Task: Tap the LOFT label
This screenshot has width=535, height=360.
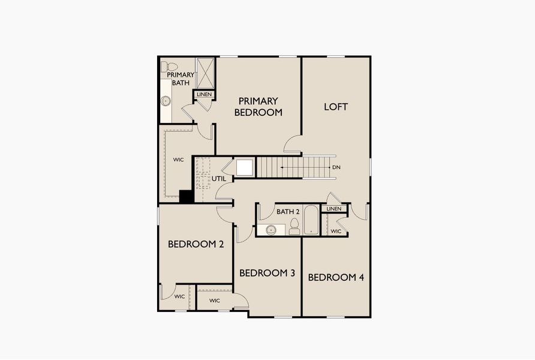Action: point(336,107)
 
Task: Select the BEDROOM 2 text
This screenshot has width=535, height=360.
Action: point(196,244)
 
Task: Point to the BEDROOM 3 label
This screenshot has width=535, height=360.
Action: point(267,273)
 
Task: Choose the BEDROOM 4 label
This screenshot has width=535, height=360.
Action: point(335,277)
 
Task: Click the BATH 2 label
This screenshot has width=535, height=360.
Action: point(288,211)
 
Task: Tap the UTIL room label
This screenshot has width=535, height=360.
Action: point(218,179)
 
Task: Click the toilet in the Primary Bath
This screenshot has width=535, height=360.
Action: point(172,67)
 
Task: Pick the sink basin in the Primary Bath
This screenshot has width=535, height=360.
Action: point(166,101)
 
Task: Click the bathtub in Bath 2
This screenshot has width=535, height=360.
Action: point(311,221)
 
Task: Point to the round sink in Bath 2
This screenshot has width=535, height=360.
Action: point(271,229)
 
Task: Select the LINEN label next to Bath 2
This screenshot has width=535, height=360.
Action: point(334,209)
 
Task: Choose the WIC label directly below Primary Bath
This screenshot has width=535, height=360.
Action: point(178,160)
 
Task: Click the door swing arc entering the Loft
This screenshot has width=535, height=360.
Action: point(293,143)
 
